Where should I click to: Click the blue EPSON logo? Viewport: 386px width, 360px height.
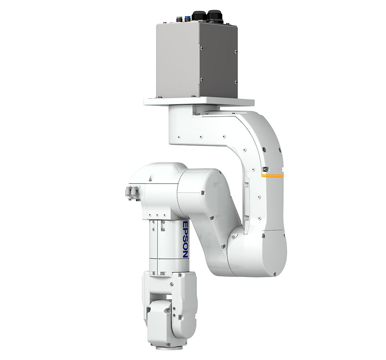pos(185,239)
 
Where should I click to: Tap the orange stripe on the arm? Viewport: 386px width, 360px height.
pos(273,176)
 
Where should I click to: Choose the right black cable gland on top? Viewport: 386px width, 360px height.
pos(215,16)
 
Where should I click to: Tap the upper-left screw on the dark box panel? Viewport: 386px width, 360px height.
pos(202,48)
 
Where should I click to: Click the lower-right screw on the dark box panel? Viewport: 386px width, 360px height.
pos(235,82)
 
